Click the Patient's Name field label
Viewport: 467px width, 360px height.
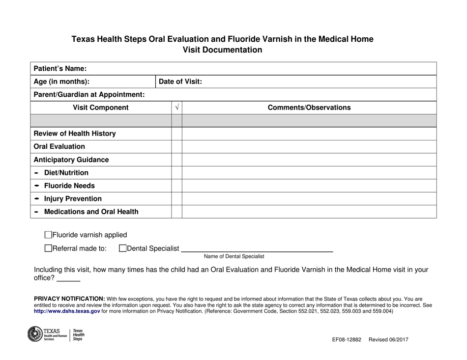60,69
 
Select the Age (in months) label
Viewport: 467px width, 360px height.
61,82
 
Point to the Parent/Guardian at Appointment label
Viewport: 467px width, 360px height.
89,94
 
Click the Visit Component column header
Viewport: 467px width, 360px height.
101,108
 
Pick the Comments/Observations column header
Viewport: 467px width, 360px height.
309,108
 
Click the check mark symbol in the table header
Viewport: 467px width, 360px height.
177,108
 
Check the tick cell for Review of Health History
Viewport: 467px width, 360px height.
177,134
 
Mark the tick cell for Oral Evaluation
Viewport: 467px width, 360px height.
177,146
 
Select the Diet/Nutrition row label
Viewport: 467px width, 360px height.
66,173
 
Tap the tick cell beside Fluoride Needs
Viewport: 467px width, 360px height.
177,186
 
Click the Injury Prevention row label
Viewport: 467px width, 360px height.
73,199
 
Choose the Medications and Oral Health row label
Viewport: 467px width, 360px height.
91,212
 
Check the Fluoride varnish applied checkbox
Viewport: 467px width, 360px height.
48,235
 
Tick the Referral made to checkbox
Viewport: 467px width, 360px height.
48,249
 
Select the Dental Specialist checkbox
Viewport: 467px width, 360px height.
123,249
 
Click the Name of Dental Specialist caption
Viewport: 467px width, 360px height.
234,256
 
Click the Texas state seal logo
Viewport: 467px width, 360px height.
35,334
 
